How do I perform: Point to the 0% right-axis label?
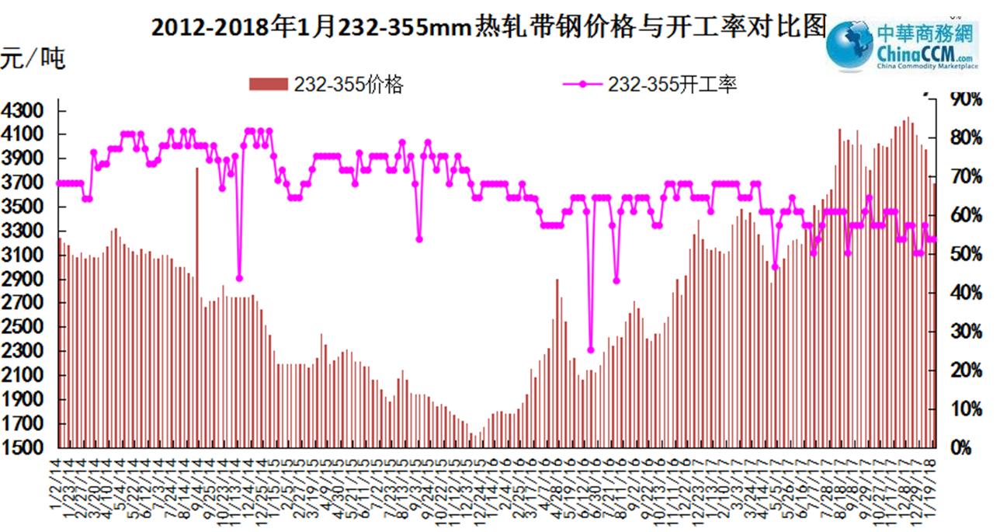coord(963,448)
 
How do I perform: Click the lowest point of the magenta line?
coord(590,350)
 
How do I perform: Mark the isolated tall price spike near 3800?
coord(196,169)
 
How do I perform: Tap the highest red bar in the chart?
coord(908,118)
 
